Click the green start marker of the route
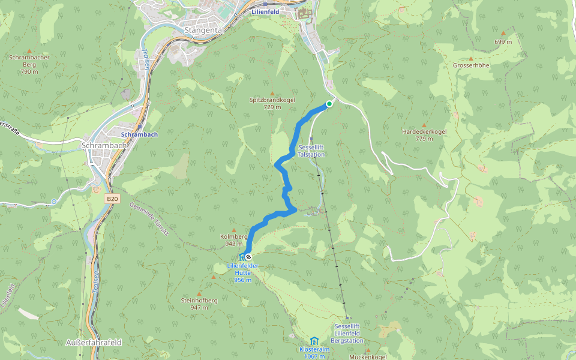(x=329, y=104)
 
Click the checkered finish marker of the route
(x=248, y=257)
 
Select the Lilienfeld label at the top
(x=266, y=11)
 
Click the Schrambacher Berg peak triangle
(x=29, y=50)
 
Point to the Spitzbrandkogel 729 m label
(x=272, y=103)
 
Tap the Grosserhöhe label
(x=471, y=65)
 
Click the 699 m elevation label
(x=503, y=42)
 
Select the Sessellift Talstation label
(x=311, y=151)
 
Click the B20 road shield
(x=112, y=198)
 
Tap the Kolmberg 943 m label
(x=233, y=240)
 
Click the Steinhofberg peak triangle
(x=199, y=293)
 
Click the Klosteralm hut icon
(x=314, y=341)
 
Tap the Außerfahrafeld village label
(x=93, y=343)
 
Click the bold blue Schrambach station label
(x=139, y=135)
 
